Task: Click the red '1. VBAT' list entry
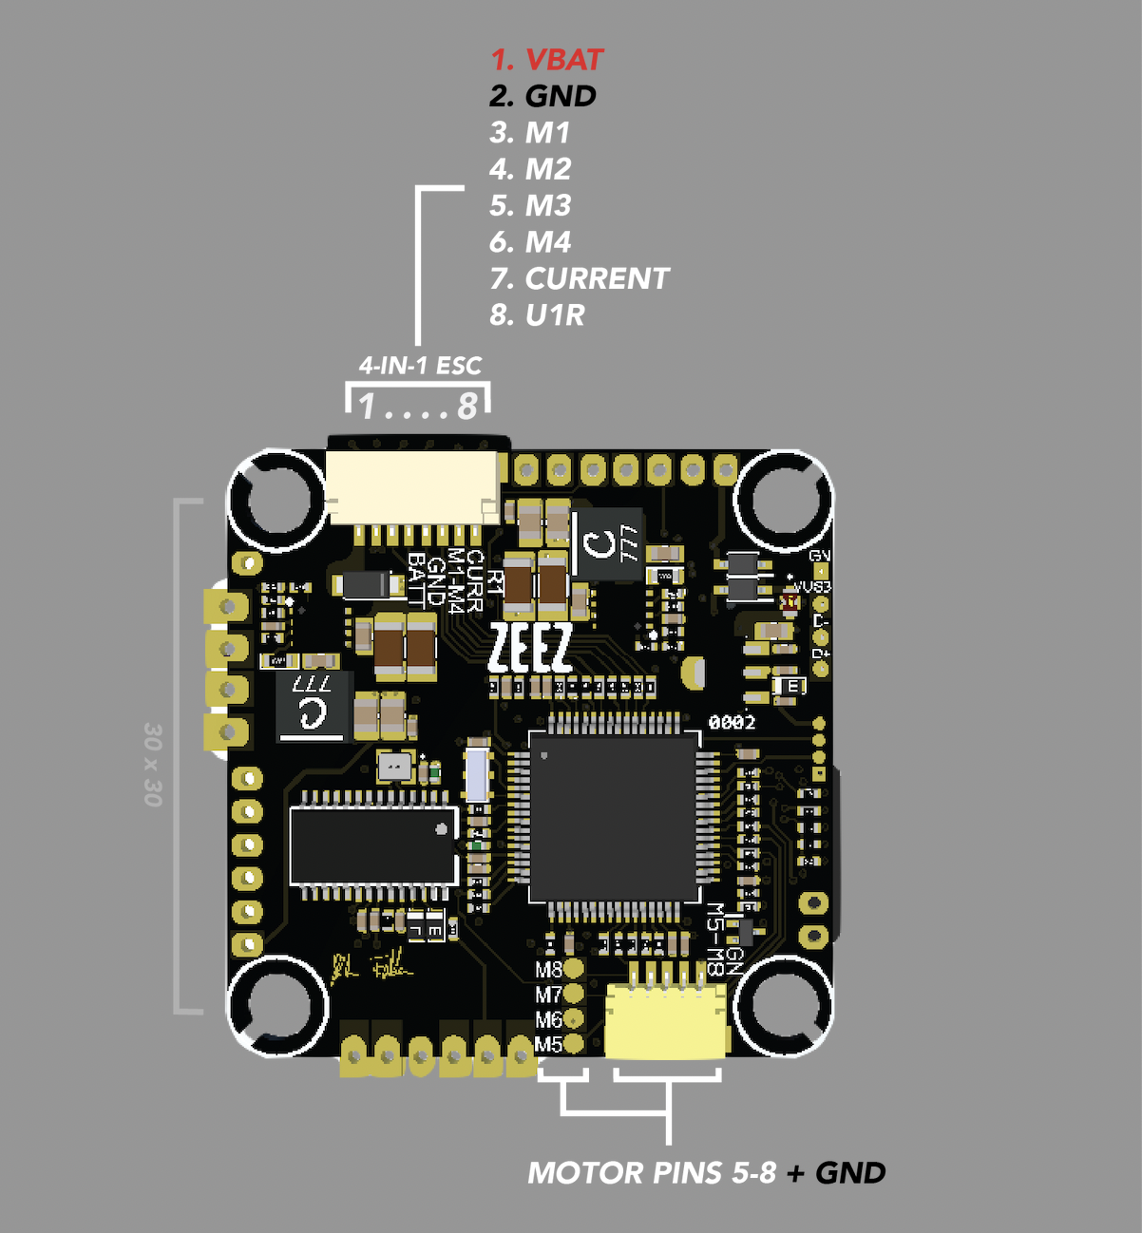pos(546,60)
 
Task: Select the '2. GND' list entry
pos(542,96)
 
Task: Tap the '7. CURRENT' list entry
pos(580,278)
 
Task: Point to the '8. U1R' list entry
pos(537,314)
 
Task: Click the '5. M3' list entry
pos(530,205)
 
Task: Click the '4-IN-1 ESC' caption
pos(420,366)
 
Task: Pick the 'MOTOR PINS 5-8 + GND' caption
pos(706,1173)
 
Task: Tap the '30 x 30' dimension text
pos(153,764)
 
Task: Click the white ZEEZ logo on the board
pos(530,649)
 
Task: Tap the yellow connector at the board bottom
pos(666,1021)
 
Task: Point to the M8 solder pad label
pos(548,970)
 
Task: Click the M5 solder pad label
pos(548,1045)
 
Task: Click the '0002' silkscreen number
pos(732,723)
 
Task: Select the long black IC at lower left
pos(373,845)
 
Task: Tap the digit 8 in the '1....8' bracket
pos(466,407)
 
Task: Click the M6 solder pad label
pos(548,1020)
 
